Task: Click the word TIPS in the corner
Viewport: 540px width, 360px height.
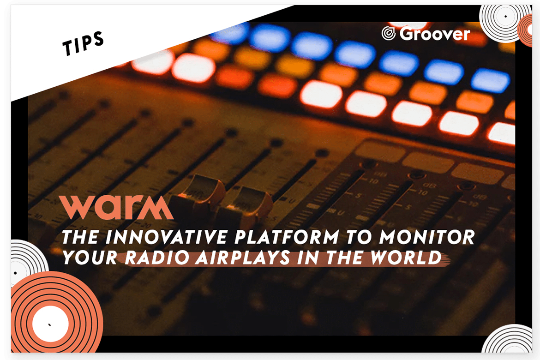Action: (x=83, y=43)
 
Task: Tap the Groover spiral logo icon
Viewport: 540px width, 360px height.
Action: (x=389, y=33)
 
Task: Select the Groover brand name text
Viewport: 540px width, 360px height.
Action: (x=435, y=34)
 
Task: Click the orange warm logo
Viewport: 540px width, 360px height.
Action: (x=116, y=207)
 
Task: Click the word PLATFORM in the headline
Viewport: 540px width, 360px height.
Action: (x=287, y=237)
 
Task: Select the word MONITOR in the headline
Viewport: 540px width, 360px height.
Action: (x=427, y=237)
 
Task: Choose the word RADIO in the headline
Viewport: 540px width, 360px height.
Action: (x=157, y=258)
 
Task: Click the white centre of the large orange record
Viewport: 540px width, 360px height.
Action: (x=50, y=324)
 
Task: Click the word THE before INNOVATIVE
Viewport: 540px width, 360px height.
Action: (x=81, y=237)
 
